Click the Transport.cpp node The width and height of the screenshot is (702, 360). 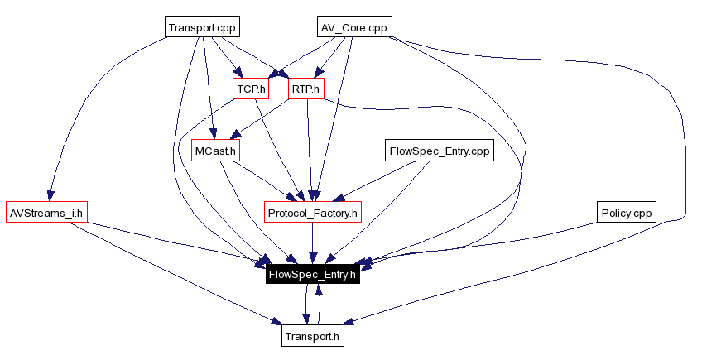click(202, 27)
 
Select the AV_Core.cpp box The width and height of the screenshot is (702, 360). click(354, 27)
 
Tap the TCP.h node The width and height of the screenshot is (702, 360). click(250, 88)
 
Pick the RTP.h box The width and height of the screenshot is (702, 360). click(305, 88)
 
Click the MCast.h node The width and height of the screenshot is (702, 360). click(215, 151)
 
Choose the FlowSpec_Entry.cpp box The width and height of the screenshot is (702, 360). click(440, 151)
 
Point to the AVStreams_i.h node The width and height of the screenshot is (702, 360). click(46, 213)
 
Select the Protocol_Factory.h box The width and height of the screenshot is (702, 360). click(313, 213)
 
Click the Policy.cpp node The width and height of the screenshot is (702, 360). click(627, 213)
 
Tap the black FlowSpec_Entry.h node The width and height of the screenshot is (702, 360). click(312, 275)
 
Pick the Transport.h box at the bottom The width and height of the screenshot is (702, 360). click(312, 337)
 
